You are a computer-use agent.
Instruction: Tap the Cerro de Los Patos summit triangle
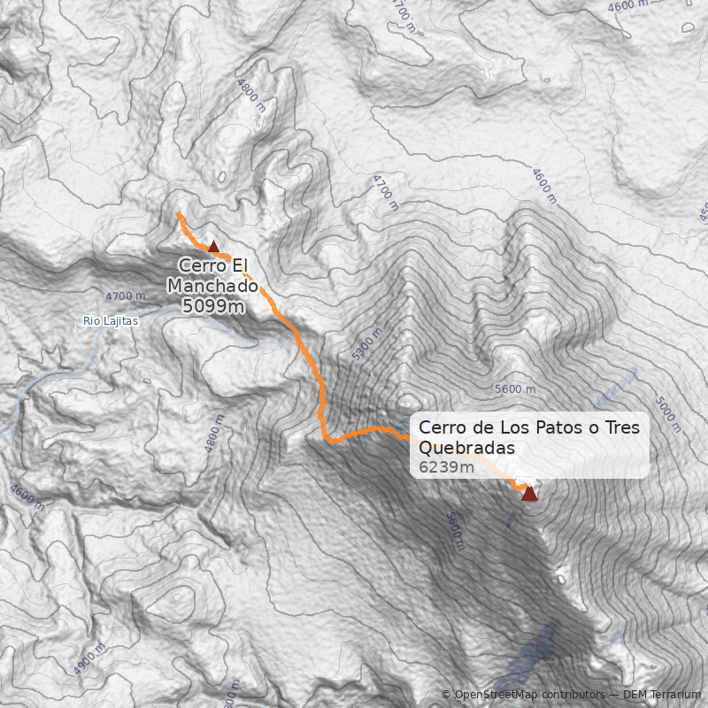pyautogui.click(x=529, y=493)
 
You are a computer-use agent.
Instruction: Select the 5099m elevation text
pyautogui.click(x=212, y=306)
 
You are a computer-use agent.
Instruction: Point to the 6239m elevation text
pyautogui.click(x=446, y=466)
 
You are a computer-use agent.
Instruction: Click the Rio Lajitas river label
pyautogui.click(x=110, y=321)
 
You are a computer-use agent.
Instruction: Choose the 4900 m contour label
pyautogui.click(x=89, y=658)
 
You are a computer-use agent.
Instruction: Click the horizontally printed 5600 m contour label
pyautogui.click(x=515, y=389)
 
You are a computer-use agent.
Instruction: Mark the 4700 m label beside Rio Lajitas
pyautogui.click(x=124, y=296)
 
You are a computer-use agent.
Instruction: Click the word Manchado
pyautogui.click(x=212, y=286)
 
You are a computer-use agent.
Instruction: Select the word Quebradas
pyautogui.click(x=466, y=448)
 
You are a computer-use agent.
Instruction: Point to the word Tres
pyautogui.click(x=619, y=427)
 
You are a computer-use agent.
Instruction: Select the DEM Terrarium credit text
pyautogui.click(x=663, y=695)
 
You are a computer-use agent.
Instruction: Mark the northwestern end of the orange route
pyautogui.click(x=179, y=214)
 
